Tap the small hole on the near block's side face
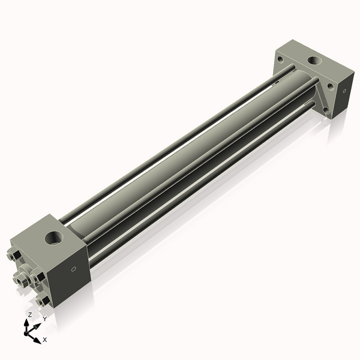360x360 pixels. (73, 269)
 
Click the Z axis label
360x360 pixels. (30, 314)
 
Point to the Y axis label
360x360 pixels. (44, 319)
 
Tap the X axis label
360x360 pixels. (45, 340)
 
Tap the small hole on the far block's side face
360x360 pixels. (344, 91)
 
